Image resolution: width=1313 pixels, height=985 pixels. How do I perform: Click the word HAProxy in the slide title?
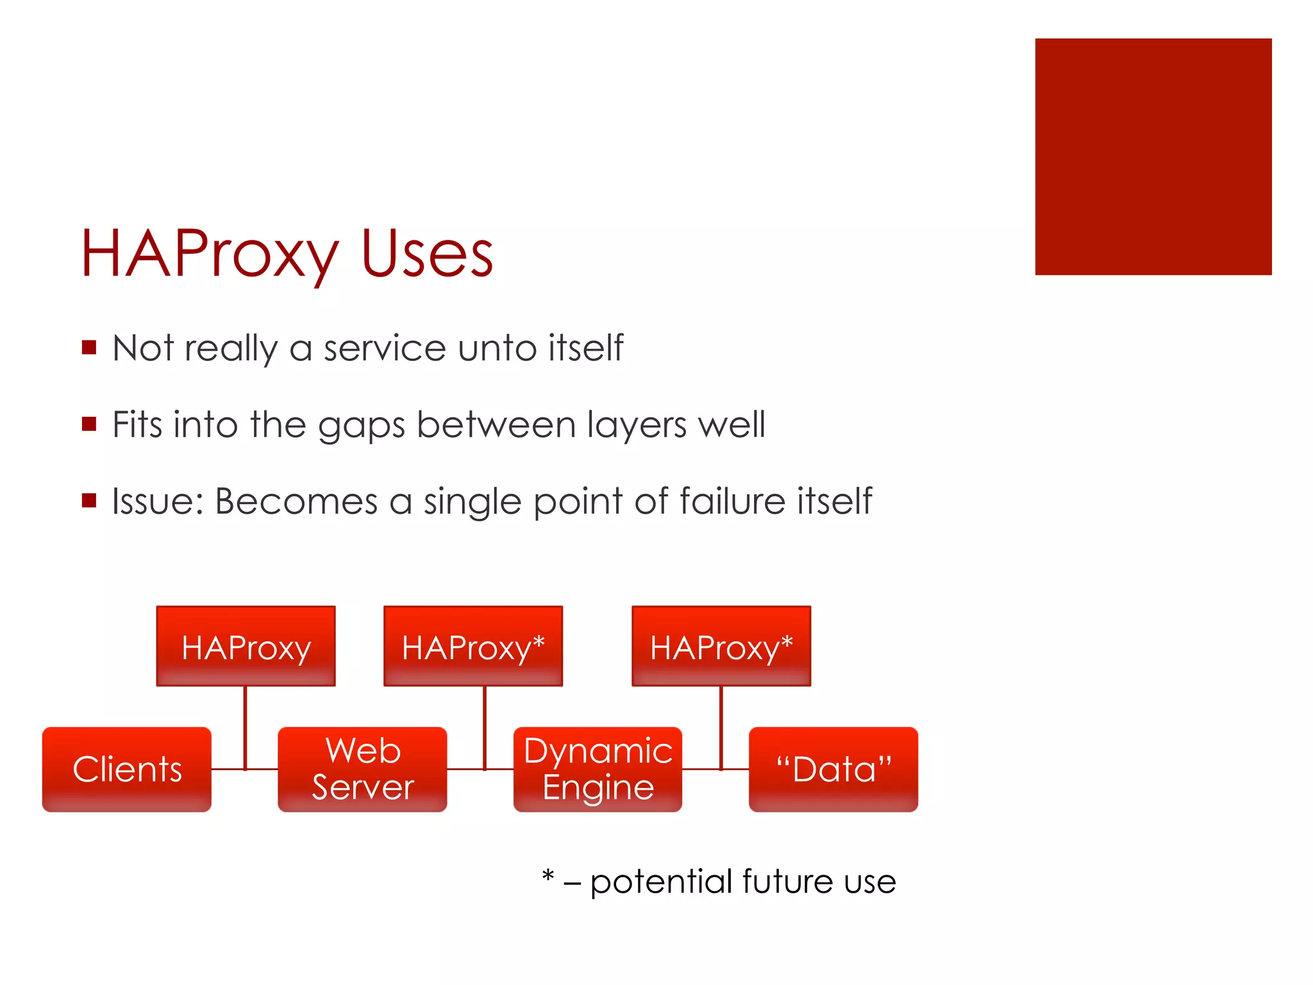[209, 255]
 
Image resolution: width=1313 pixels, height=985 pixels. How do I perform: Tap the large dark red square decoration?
[1153, 156]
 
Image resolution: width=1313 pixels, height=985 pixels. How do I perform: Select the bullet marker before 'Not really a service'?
[89, 348]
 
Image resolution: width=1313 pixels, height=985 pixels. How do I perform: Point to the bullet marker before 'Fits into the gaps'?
[89, 424]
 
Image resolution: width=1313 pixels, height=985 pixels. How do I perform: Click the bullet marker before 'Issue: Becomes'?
[89, 500]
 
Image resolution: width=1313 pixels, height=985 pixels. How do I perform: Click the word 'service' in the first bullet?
[385, 348]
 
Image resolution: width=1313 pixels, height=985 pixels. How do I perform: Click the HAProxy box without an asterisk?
[246, 646]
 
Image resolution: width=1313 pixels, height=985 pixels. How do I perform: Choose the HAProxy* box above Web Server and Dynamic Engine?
[473, 646]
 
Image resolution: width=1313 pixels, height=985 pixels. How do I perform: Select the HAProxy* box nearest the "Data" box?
[721, 646]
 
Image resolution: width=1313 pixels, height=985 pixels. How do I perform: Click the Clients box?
[127, 769]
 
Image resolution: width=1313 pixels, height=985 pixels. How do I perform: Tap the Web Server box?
[362, 769]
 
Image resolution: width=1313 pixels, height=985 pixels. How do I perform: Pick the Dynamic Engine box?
[598, 769]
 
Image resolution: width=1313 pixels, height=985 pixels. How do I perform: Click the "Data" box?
[833, 769]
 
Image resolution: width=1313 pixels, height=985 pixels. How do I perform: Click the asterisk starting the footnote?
[548, 876]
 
